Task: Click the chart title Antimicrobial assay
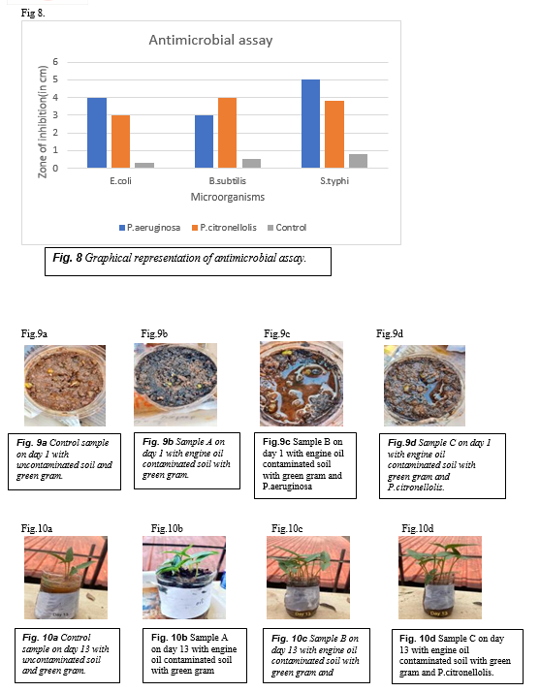coord(210,40)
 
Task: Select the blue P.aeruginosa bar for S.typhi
coord(311,124)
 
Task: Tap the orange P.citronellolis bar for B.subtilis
coord(228,133)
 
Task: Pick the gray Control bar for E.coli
coord(144,165)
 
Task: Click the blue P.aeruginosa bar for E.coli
coord(97,133)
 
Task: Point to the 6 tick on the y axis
coord(55,62)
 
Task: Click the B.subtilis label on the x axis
coord(228,181)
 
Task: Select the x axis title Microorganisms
coord(228,197)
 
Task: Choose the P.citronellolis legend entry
coord(224,228)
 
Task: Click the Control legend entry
coord(287,228)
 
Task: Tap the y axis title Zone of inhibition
coord(43,122)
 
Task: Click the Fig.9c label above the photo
coord(277,333)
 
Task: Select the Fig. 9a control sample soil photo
coord(65,386)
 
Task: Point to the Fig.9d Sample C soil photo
coord(425,386)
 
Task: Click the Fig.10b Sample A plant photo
coord(184,578)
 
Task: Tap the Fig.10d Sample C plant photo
coord(440,578)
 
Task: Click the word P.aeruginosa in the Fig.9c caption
coord(287,487)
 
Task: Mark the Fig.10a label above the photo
coord(37,528)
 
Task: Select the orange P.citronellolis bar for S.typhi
coord(334,135)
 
